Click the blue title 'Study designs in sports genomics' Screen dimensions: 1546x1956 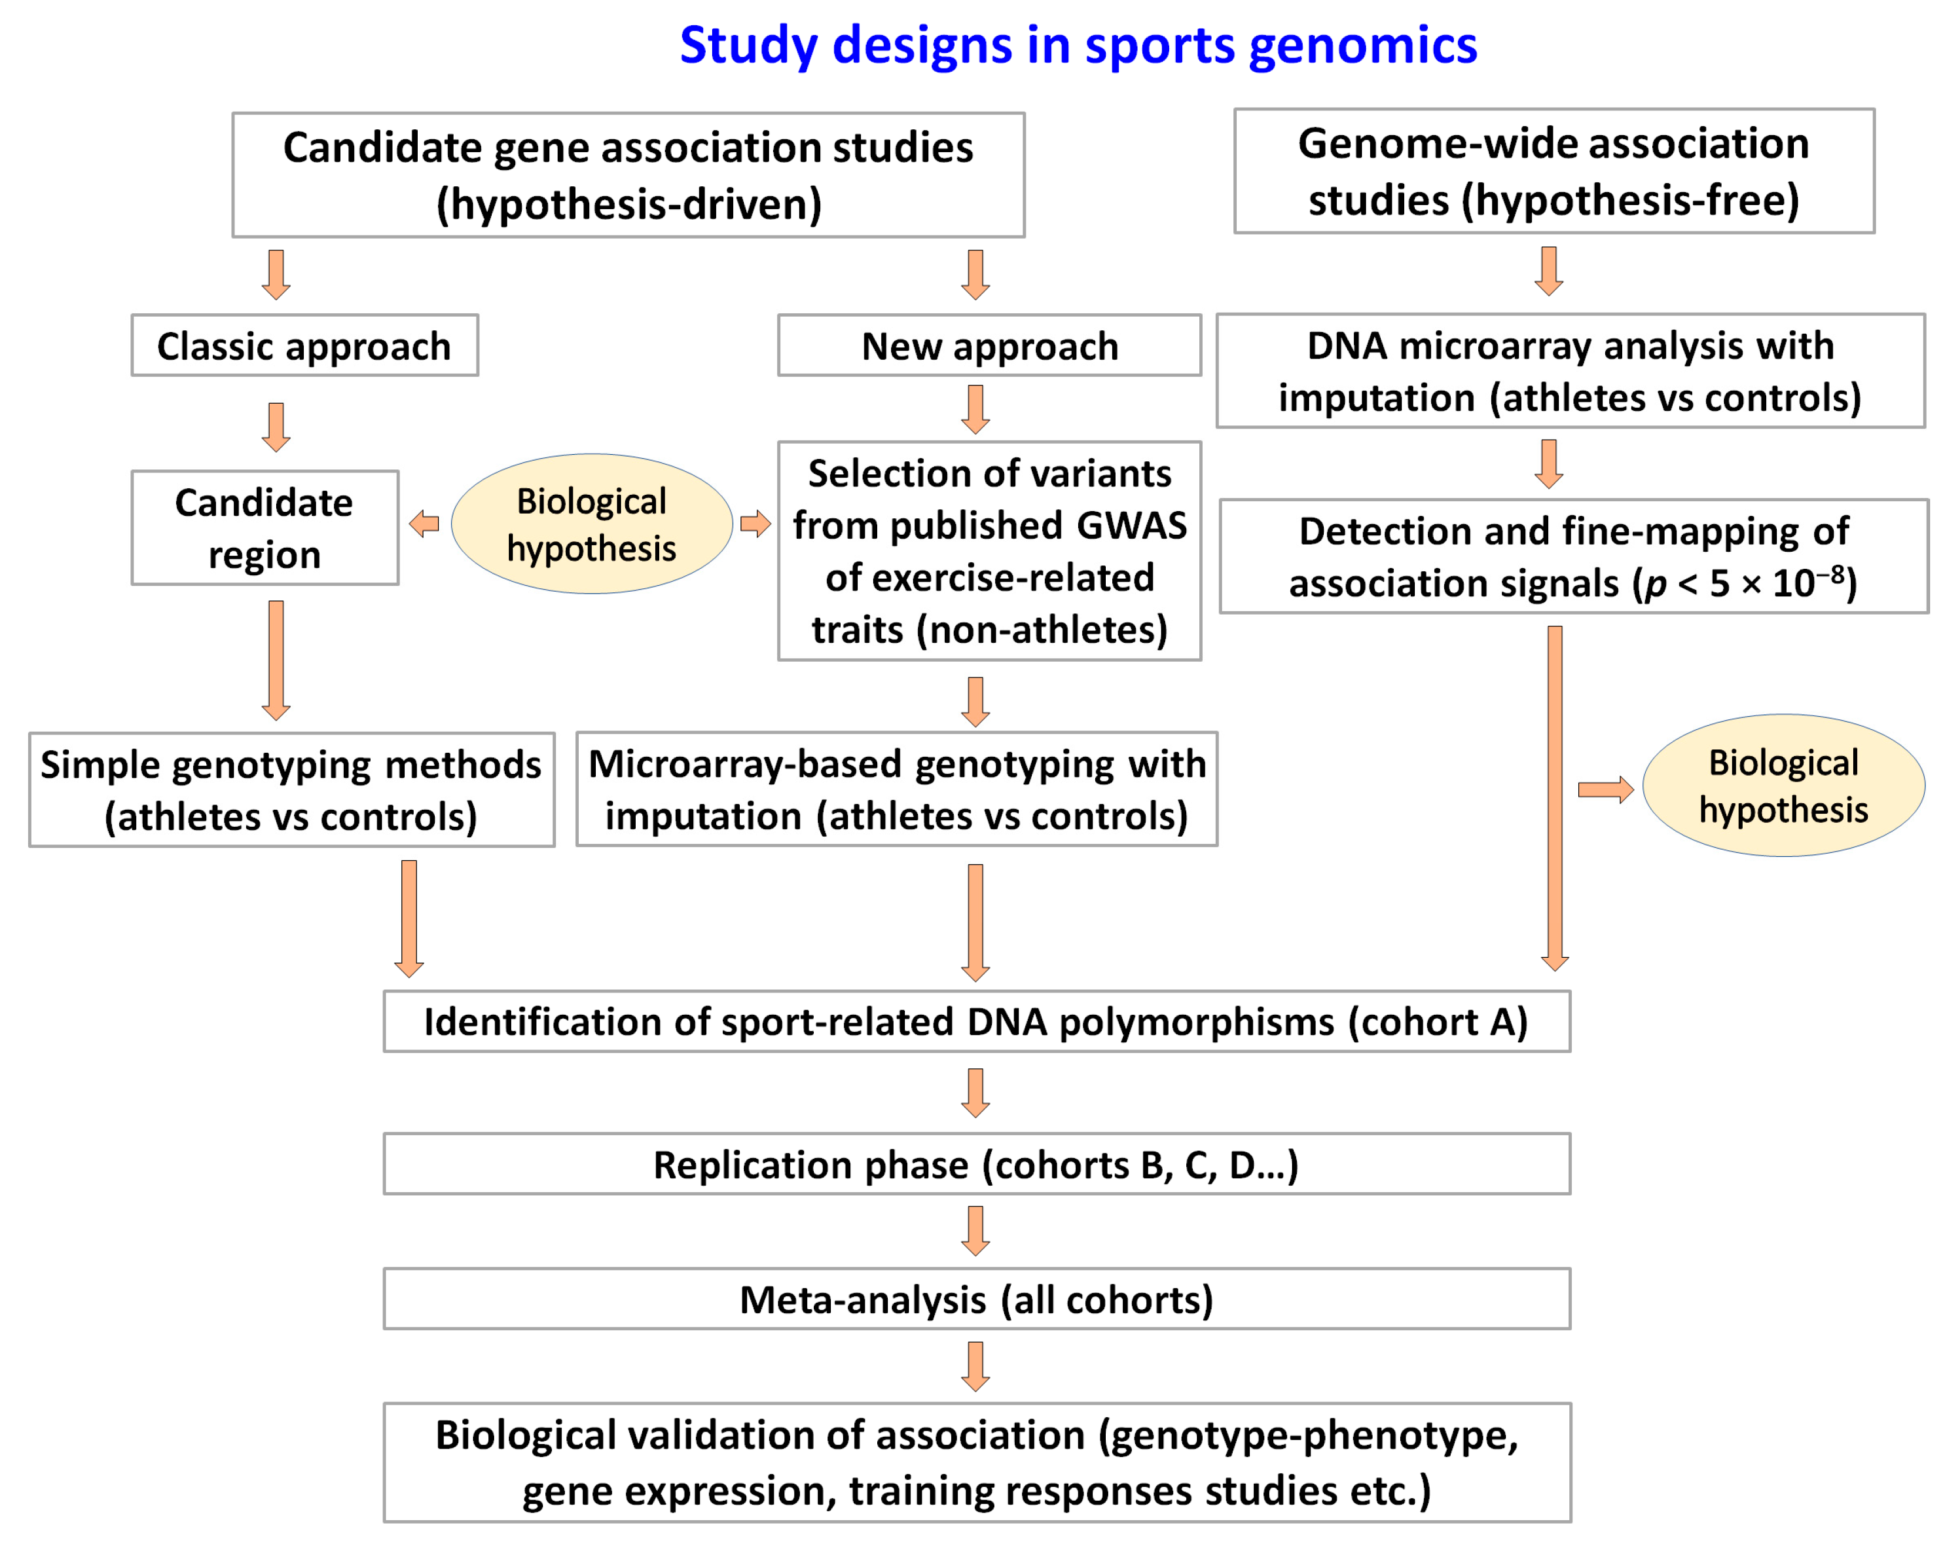pos(1077,45)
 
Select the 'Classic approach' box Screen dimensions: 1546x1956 pos(304,346)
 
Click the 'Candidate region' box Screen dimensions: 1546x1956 pos(264,528)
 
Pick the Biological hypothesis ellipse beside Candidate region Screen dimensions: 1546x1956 pos(591,524)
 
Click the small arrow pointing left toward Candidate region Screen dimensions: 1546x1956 pos(424,523)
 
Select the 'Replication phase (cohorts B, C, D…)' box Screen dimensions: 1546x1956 pos(976,1165)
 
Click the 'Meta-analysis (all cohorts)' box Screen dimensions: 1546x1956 pos(976,1300)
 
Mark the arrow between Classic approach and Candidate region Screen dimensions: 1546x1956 pos(276,427)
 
